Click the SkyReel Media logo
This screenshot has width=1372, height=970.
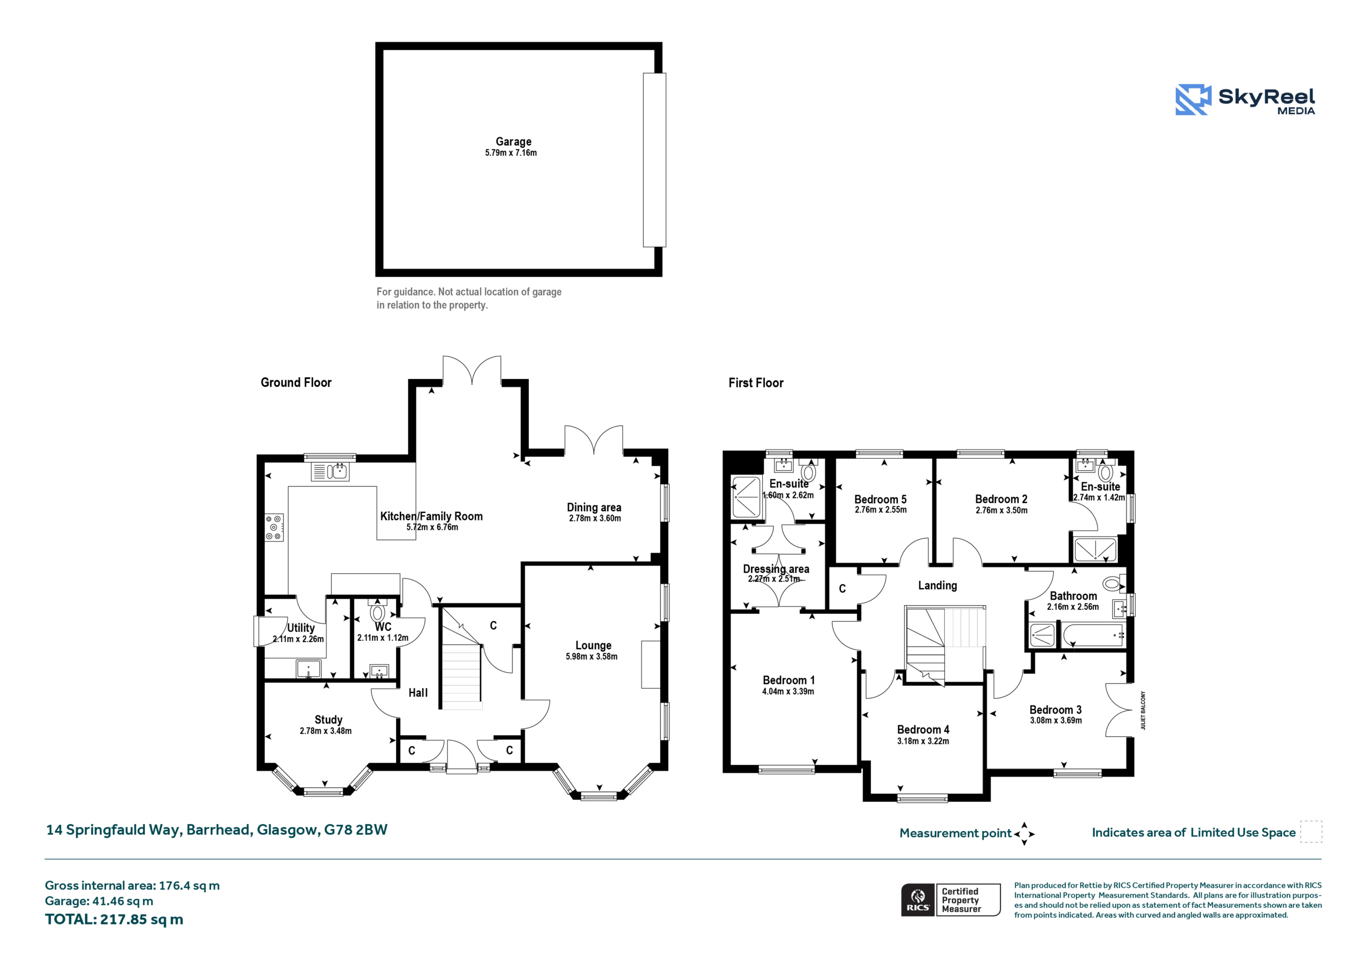[x=1245, y=99]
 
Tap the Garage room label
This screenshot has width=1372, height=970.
[x=513, y=141]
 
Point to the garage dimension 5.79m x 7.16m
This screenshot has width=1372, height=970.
[x=511, y=153]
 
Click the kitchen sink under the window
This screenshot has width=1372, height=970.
[x=330, y=472]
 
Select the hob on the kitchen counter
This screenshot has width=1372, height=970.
[x=274, y=528]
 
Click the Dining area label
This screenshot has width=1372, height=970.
[x=594, y=508]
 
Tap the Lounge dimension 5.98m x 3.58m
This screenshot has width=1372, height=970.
[x=592, y=656]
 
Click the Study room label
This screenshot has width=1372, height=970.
[x=329, y=720]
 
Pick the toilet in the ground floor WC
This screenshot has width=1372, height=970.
[x=377, y=611]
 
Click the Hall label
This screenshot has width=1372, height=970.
[x=418, y=693]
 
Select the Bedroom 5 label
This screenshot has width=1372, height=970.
[x=880, y=499]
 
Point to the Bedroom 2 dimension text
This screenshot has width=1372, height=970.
[x=1002, y=510]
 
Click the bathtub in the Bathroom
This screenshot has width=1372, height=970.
[x=1093, y=635]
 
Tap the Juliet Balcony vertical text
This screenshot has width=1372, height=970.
[x=1143, y=710]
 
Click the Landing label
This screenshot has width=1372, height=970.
[x=937, y=586]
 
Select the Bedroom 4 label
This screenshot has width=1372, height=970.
[x=923, y=730]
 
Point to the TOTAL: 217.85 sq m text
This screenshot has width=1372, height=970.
[x=114, y=919]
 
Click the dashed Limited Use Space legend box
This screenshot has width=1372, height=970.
[x=1311, y=832]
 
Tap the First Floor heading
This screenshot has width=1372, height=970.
[x=756, y=383]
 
